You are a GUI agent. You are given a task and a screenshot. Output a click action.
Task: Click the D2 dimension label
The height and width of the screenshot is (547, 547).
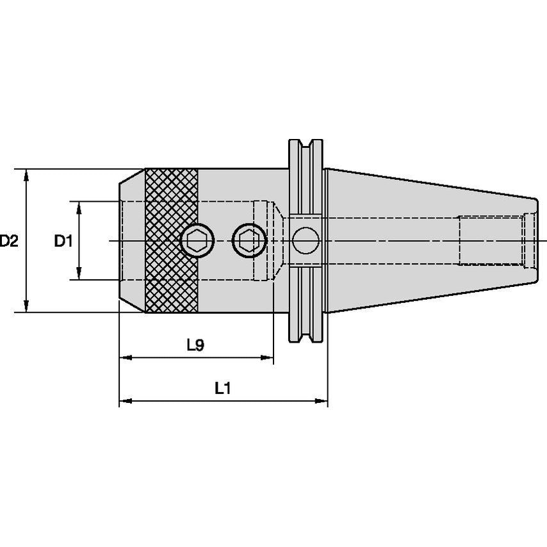[8, 241]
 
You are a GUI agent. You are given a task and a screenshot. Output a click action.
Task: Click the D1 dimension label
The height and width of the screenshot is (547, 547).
[63, 241]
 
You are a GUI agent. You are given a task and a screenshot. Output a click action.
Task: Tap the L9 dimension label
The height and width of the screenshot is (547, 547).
[195, 346]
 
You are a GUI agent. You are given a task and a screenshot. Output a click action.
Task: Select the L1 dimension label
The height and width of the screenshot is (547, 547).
[222, 388]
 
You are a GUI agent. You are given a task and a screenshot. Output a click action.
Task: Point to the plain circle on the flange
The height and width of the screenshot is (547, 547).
[305, 241]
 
